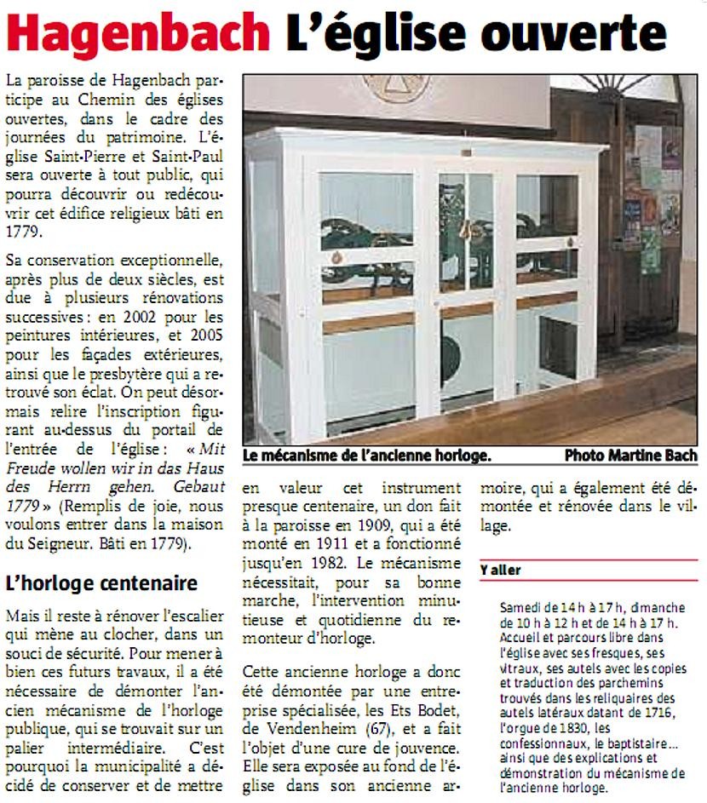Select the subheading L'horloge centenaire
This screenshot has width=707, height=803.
click(x=101, y=583)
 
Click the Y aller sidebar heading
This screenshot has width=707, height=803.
click(x=500, y=570)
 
